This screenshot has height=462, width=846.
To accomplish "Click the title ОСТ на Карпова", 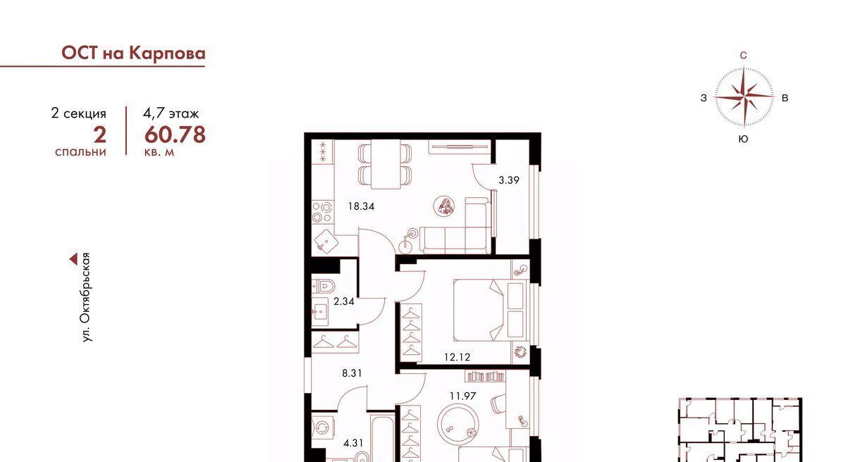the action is click(x=133, y=54).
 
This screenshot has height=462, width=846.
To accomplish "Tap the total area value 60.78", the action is click(x=175, y=135).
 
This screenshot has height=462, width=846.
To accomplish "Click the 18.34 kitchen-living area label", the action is click(x=361, y=206).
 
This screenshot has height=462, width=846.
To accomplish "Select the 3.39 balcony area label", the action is click(x=509, y=180).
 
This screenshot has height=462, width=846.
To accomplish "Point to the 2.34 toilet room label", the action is click(x=344, y=301).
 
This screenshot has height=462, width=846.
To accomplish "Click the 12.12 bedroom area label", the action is click(x=457, y=357).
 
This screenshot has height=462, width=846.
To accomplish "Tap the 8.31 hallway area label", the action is click(x=352, y=373).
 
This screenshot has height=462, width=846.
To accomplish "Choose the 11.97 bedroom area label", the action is click(x=462, y=396).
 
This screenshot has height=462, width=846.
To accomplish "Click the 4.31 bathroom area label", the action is click(x=353, y=443).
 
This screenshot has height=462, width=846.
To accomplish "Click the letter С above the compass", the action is click(x=743, y=56).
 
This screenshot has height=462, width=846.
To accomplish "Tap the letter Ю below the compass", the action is click(x=743, y=139).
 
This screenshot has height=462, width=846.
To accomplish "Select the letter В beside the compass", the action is click(x=785, y=98).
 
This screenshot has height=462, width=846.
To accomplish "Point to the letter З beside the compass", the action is click(x=704, y=98).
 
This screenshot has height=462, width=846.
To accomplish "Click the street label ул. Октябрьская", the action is click(x=87, y=297).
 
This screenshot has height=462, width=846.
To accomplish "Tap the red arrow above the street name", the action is click(x=73, y=259).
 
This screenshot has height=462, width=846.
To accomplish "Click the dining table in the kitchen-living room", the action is click(x=385, y=164).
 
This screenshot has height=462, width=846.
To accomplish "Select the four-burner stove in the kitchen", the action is click(x=322, y=213).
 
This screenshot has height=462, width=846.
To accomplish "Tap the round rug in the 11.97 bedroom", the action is click(x=458, y=424).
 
